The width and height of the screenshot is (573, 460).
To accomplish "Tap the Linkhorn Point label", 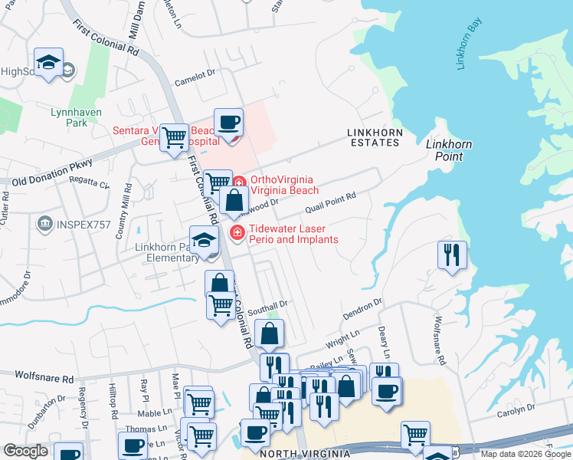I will click(449, 150).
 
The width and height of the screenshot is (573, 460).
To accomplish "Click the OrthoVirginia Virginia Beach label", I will click(282, 185).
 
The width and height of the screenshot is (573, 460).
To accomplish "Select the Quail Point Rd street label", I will click(330, 202).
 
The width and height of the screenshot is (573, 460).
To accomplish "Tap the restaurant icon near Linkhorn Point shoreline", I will click(451, 255).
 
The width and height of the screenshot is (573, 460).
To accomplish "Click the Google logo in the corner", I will click(26, 452).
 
